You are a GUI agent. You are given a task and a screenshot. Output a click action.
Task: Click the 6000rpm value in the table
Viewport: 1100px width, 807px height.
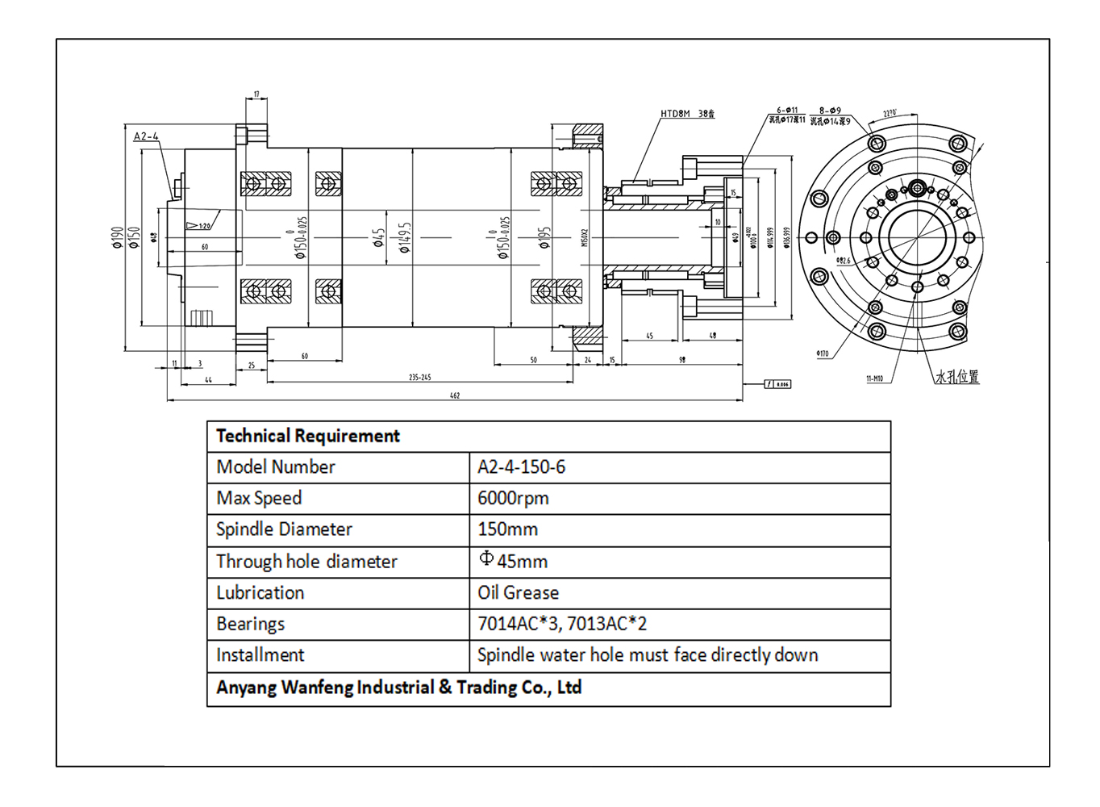(513, 499)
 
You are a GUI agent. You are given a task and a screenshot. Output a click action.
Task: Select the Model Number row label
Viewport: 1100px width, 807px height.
(275, 467)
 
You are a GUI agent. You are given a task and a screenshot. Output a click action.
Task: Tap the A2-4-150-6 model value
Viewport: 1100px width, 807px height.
(521, 467)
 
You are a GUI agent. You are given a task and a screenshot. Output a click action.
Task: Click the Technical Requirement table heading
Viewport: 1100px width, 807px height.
(307, 437)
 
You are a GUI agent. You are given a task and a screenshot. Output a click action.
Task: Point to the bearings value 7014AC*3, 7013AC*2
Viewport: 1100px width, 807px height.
(561, 624)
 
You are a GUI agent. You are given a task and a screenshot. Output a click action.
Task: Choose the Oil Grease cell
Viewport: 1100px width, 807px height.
(518, 593)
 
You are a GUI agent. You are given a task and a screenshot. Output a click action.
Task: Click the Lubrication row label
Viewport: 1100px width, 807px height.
(260, 593)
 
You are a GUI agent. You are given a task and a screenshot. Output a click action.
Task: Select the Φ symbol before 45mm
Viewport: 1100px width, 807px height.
(485, 558)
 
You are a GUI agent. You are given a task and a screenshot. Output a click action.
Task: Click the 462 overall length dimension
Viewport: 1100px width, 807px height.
(455, 395)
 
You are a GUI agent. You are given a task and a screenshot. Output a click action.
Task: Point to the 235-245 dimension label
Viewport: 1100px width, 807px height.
(419, 377)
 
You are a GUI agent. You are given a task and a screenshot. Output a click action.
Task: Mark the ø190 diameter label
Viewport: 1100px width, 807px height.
(118, 237)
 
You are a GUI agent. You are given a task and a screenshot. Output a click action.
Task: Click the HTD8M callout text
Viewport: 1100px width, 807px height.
(676, 114)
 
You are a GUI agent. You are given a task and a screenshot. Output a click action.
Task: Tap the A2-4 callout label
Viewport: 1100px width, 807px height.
(146, 136)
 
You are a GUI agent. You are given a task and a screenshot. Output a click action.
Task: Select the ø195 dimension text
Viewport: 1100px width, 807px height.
(544, 237)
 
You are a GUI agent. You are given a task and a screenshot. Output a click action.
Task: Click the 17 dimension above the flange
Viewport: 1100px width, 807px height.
(256, 94)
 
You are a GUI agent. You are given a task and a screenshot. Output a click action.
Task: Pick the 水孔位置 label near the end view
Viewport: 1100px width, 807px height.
(957, 377)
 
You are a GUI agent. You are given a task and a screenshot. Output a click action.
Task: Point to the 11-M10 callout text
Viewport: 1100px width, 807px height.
(874, 378)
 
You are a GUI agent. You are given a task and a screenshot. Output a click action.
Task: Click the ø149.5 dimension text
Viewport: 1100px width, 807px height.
(405, 237)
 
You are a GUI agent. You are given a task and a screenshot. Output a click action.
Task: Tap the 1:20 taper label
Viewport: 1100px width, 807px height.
(205, 226)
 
